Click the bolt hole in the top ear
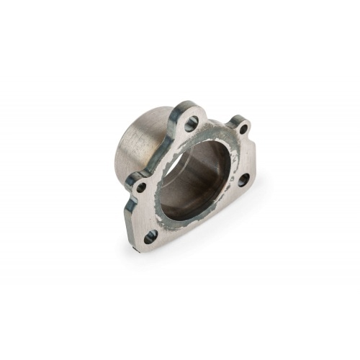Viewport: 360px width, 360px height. [x=192, y=122]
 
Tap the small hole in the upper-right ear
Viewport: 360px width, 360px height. [x=243, y=130]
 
